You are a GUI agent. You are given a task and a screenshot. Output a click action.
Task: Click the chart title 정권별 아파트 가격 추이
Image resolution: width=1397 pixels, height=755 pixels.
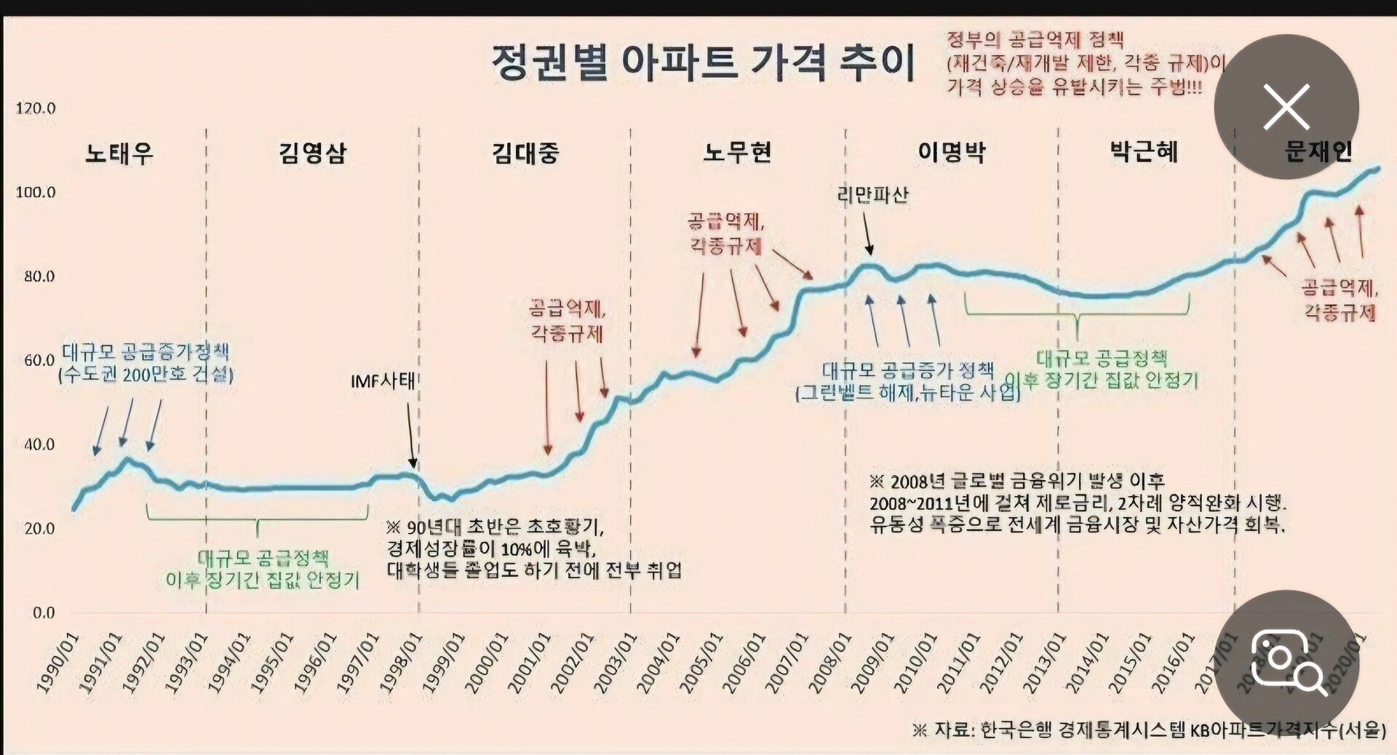(703, 63)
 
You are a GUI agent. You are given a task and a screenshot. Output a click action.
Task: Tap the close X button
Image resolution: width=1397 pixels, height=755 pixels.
(1286, 107)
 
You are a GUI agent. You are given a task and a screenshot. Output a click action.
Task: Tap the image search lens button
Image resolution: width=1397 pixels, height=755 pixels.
(1286, 662)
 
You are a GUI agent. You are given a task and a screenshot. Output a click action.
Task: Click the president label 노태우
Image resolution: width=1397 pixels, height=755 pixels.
(119, 153)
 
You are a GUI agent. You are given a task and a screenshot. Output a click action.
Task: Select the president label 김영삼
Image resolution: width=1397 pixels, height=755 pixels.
(313, 153)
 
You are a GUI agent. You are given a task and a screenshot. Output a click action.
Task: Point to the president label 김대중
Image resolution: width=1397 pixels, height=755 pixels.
(525, 153)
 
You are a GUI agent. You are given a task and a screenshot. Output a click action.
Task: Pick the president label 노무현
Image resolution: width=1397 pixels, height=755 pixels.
(737, 152)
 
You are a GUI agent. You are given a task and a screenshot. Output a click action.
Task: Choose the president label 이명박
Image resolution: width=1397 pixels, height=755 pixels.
(952, 152)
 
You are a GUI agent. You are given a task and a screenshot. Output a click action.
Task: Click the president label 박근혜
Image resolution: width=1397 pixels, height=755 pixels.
(1144, 152)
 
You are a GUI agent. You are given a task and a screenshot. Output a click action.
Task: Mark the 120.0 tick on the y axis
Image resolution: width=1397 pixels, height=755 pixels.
(36, 108)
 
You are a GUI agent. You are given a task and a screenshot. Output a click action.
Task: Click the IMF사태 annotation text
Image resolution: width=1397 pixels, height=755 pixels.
(383, 381)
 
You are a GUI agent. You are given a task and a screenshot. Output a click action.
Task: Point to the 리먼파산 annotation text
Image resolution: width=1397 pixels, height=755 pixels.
(873, 195)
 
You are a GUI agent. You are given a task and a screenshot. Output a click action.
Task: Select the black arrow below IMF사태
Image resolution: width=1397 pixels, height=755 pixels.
(410, 435)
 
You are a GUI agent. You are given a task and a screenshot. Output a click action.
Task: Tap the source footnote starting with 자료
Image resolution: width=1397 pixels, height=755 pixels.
(1150, 730)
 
